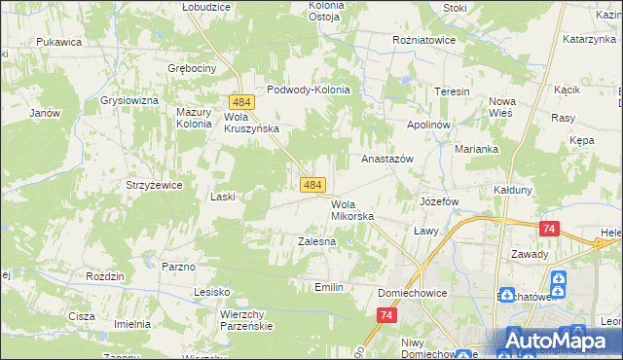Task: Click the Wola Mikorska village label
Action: (351, 210)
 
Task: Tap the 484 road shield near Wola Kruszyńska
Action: (242, 102)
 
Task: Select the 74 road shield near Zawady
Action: (550, 229)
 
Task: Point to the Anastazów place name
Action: (387, 158)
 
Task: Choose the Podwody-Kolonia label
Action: (308, 89)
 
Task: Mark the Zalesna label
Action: (316, 240)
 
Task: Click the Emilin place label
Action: (330, 287)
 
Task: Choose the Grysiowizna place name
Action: (128, 100)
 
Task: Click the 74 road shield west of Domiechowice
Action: (387, 315)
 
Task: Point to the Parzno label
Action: (179, 266)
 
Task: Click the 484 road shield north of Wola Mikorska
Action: (311, 184)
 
